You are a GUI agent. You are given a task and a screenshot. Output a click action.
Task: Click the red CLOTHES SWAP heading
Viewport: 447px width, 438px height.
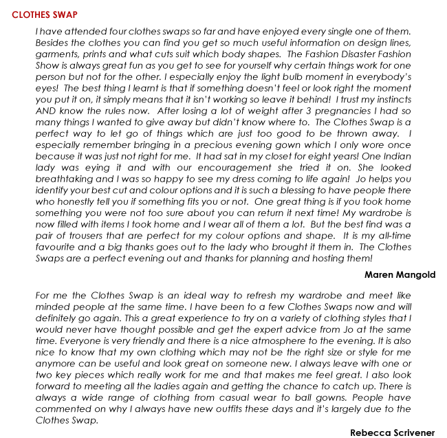coord(45,14)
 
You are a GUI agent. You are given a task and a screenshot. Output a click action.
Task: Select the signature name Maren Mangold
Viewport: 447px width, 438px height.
coord(400,274)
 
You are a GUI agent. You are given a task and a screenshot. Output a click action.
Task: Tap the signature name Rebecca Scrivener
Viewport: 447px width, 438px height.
coord(392,432)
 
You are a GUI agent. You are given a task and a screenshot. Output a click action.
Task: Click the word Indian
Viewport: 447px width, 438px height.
coord(396,155)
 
